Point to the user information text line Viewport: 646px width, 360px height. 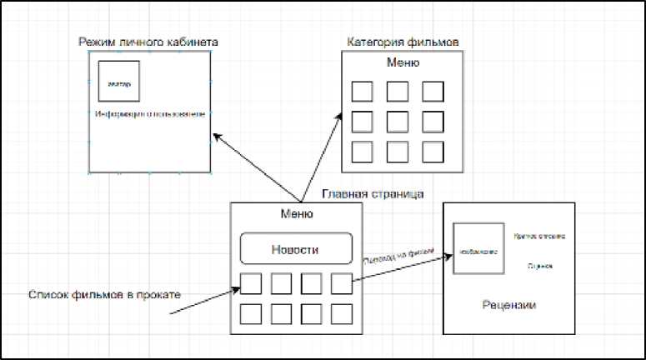coord(149,113)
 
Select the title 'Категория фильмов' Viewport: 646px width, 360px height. coord(403,42)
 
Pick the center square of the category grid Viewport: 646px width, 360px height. coord(397,122)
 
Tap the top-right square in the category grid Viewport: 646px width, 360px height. coord(432,92)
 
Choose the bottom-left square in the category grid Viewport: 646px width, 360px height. coord(362,152)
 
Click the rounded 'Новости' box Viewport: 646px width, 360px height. coord(295,249)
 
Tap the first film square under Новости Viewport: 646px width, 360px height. coord(251,284)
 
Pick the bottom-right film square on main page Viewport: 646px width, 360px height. coord(342,313)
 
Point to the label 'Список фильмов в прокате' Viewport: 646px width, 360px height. coord(104,294)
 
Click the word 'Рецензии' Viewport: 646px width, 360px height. coord(508,305)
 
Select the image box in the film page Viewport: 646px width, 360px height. coord(478,248)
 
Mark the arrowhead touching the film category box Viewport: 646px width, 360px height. coord(340,116)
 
